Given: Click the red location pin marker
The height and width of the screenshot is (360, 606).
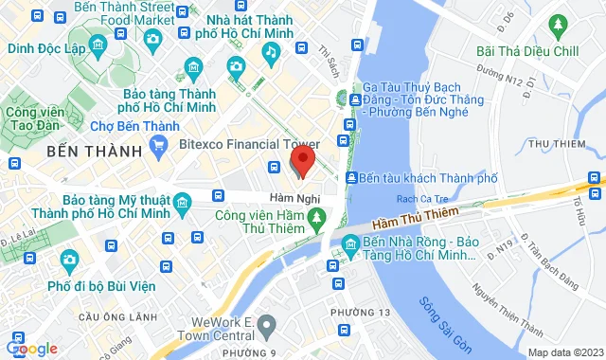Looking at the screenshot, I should [x=302, y=160].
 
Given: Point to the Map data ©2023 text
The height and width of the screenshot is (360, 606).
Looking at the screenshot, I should [x=564, y=352].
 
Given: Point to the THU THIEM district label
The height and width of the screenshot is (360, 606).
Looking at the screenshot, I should [x=555, y=143].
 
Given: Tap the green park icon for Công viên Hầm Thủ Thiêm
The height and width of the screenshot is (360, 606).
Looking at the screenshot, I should [x=318, y=223].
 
